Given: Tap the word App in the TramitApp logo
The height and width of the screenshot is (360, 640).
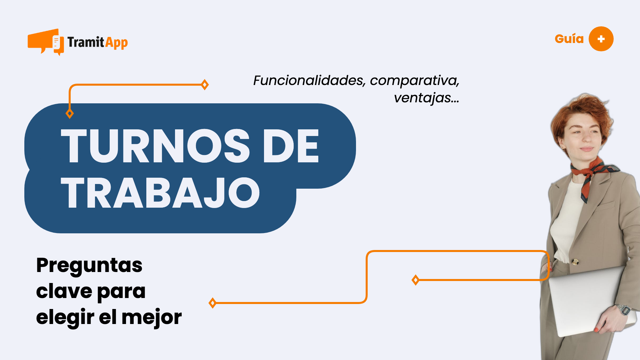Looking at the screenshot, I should (x=116, y=43).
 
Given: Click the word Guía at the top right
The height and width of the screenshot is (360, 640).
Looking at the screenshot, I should (x=569, y=39).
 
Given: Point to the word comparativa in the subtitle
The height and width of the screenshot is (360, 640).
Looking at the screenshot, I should (x=414, y=81).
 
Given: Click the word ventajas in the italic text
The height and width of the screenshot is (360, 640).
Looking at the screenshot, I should (x=422, y=98).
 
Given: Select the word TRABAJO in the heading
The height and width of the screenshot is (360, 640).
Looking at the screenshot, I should (x=160, y=193).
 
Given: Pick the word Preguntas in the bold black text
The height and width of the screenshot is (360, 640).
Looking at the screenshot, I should (x=89, y=265).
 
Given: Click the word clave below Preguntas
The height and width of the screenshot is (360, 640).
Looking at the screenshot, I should (x=64, y=291).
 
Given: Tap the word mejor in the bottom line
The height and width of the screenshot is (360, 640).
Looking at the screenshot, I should (x=152, y=317).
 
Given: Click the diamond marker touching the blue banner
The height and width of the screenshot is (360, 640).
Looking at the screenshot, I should (x=70, y=114).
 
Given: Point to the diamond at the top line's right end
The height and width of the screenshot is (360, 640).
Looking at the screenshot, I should (x=205, y=85).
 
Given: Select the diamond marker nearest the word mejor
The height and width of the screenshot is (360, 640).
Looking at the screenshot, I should (x=212, y=303).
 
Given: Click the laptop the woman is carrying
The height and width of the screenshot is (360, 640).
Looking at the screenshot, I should (x=587, y=300).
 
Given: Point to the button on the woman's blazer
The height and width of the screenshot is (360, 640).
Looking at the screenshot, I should (x=575, y=261).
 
